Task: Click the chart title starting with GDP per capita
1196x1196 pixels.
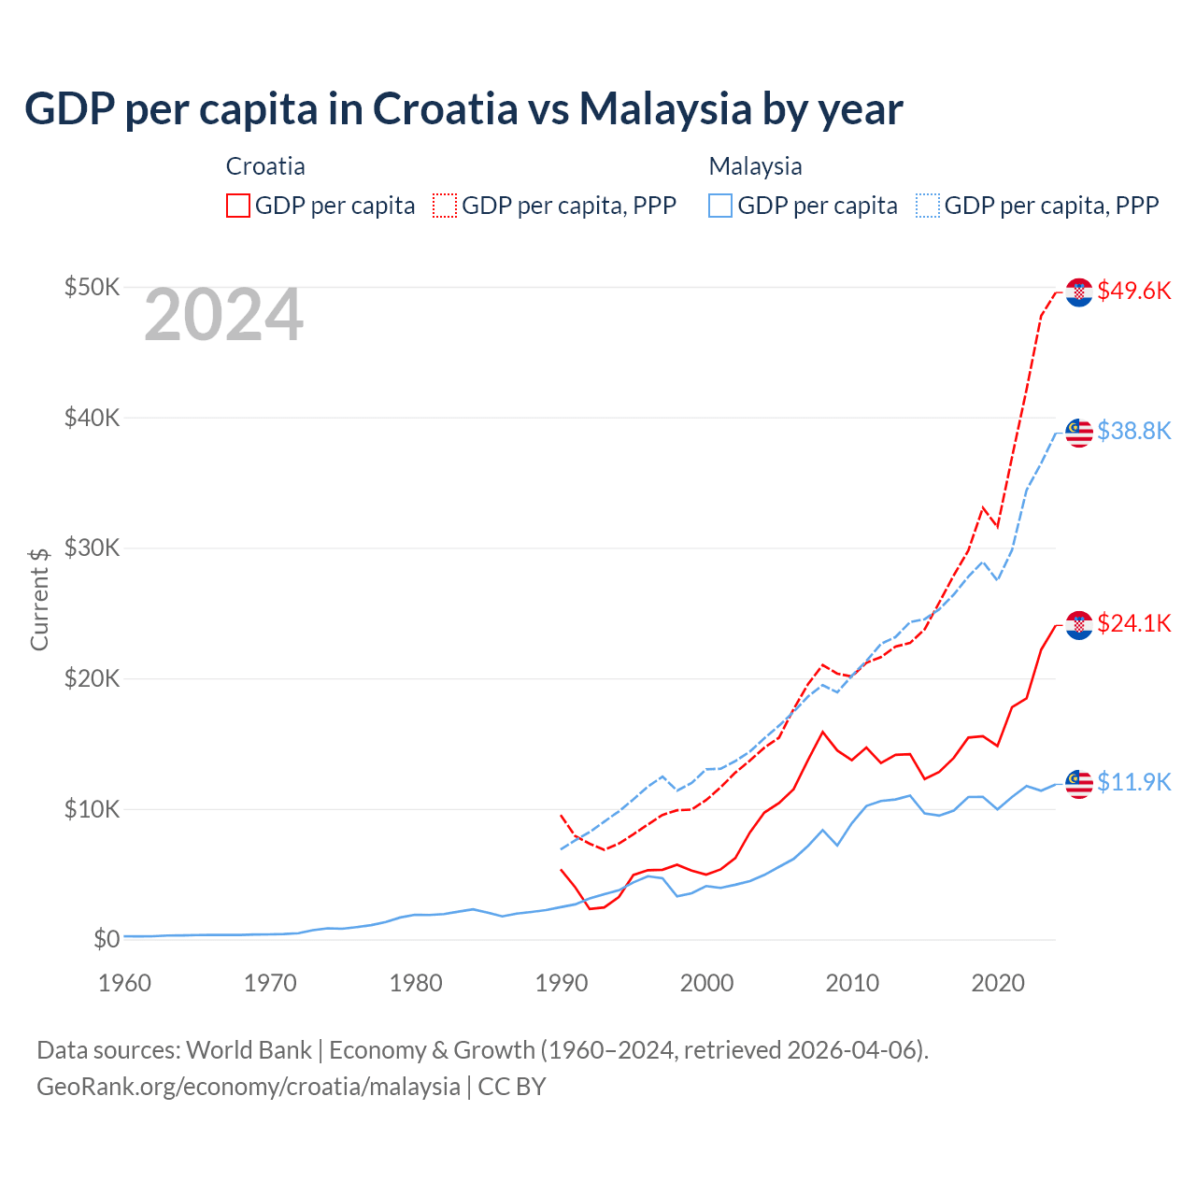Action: coord(463,109)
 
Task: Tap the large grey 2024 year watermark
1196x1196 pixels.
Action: coord(223,315)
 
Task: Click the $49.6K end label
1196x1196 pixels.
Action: coord(1133,291)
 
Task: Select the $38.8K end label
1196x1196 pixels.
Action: coord(1133,431)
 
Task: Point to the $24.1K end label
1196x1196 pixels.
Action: coord(1133,623)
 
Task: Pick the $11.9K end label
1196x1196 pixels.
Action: coord(1133,782)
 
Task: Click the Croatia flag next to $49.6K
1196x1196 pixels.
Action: coord(1079,292)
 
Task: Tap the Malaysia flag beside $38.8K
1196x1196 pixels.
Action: coord(1079,433)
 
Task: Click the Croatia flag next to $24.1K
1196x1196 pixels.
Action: coord(1079,625)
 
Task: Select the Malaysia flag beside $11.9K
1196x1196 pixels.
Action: coord(1079,784)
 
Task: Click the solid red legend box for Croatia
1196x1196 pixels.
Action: coord(238,206)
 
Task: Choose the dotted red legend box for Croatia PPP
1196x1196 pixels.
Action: coord(445,206)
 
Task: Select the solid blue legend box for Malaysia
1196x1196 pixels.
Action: coord(720,206)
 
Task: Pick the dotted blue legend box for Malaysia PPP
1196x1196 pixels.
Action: coord(928,206)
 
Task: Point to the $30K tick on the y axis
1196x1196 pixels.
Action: coord(92,548)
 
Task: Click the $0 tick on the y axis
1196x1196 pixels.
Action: coord(107,939)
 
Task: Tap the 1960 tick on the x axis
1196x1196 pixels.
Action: coord(124,983)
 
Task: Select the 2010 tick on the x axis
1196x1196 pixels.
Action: coord(852,983)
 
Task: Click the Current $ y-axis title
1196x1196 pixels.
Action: coord(39,599)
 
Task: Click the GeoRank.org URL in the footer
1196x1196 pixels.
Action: coord(248,1087)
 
